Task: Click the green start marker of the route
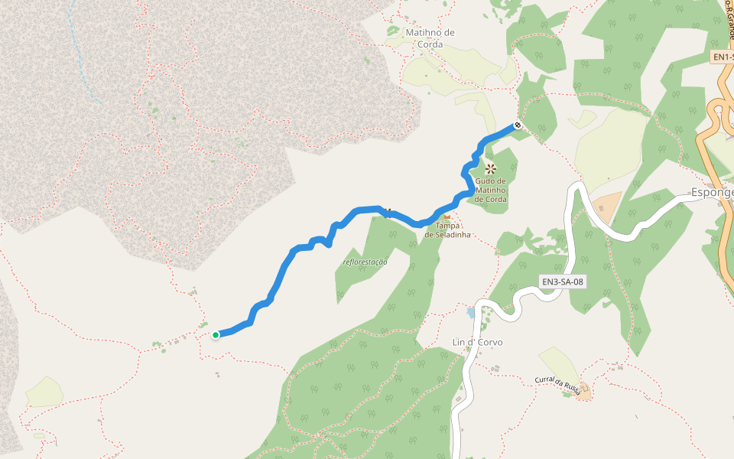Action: point(216,334)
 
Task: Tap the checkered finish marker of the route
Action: point(518,125)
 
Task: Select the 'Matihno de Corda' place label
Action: point(430,38)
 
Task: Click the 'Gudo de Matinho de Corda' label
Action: point(490,190)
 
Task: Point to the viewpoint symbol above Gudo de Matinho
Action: point(490,168)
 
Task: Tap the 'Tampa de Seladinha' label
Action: point(447,229)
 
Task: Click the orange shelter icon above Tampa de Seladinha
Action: point(447,216)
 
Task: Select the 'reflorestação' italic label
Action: point(365,262)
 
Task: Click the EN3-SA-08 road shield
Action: point(563,282)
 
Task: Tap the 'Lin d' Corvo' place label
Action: point(477,342)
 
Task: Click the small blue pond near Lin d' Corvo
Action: point(469,312)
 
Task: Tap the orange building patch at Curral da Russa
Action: point(584,392)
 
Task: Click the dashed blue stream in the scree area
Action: point(85,61)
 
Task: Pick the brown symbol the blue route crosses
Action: point(388,212)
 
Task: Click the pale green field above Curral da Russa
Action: point(557,363)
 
